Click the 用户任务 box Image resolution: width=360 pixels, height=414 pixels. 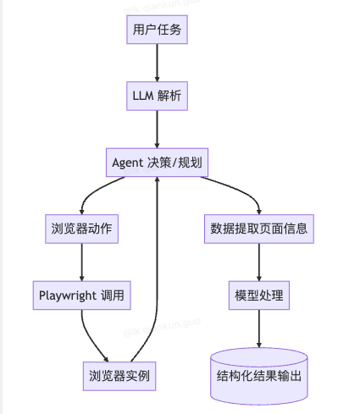(157, 31)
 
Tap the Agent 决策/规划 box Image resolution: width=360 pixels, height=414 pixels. (157, 161)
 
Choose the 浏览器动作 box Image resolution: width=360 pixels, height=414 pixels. (81, 227)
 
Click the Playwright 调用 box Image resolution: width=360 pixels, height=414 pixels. (81, 295)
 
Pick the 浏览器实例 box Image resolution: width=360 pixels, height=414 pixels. (119, 373)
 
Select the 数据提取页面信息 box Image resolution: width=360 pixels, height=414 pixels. (259, 227)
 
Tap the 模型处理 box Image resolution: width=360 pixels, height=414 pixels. (259, 295)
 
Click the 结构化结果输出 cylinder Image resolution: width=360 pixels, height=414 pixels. (259, 373)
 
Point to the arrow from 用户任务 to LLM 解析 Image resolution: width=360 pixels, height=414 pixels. (157, 63)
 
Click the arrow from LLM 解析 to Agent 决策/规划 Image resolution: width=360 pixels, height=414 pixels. (157, 129)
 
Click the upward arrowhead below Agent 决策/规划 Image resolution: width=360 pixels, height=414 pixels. (157, 181)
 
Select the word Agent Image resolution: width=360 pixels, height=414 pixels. (129, 161)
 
